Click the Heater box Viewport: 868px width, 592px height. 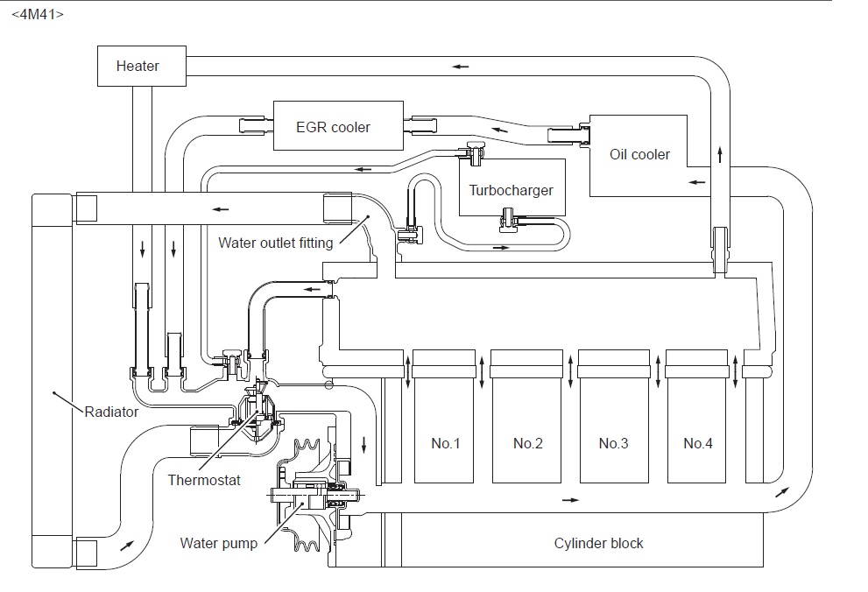(x=142, y=66)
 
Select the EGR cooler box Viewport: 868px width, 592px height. (x=338, y=125)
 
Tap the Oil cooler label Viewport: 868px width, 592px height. (x=639, y=154)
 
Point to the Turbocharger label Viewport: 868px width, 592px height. (x=511, y=190)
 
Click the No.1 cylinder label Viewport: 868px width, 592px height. (x=446, y=443)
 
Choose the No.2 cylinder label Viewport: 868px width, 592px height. (x=528, y=443)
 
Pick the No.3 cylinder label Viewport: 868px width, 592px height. (x=613, y=443)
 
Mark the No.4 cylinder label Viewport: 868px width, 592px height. (x=698, y=443)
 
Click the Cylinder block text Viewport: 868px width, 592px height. (x=598, y=543)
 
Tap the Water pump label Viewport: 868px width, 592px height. (x=219, y=543)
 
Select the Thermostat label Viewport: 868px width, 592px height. (x=204, y=480)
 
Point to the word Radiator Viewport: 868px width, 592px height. (x=111, y=412)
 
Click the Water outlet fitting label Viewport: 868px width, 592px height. (x=276, y=243)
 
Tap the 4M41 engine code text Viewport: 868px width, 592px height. (x=38, y=14)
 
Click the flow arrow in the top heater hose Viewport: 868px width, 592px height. (x=460, y=67)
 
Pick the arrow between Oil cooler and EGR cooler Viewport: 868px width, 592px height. (x=500, y=130)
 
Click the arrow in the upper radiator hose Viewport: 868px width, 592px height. (x=221, y=209)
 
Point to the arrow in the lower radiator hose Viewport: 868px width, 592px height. (x=127, y=545)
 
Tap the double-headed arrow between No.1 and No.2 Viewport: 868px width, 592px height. (x=482, y=372)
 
